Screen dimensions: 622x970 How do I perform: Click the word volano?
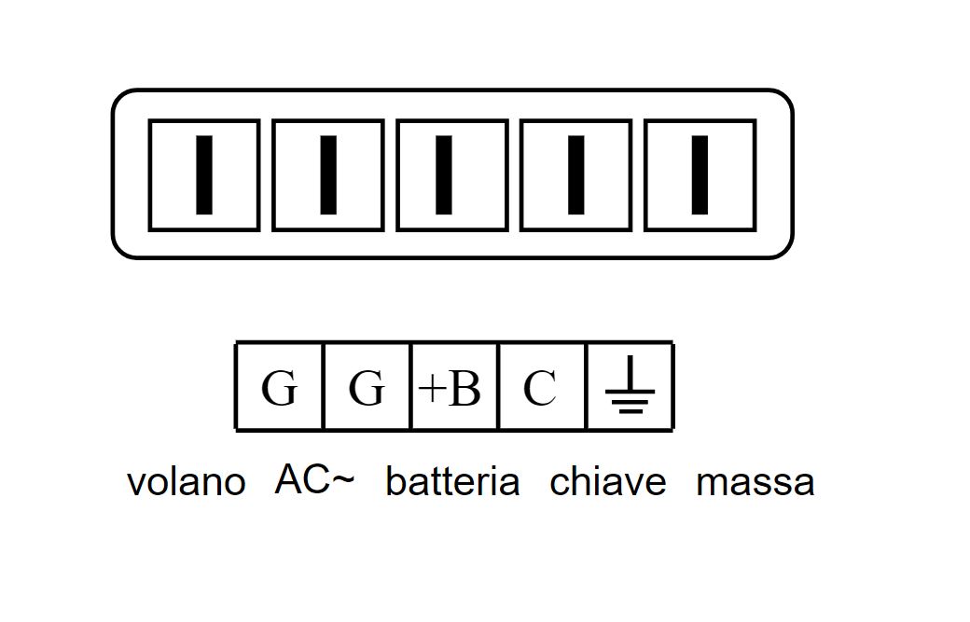click(x=186, y=482)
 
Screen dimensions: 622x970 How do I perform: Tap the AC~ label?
click(x=314, y=479)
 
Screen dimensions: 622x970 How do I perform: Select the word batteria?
click(x=452, y=482)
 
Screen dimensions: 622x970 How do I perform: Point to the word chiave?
click(x=608, y=482)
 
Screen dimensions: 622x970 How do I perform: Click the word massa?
click(x=755, y=482)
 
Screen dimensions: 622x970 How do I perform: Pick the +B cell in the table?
click(x=454, y=387)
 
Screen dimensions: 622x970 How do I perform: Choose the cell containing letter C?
click(x=541, y=387)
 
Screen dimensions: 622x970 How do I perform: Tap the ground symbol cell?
click(x=630, y=387)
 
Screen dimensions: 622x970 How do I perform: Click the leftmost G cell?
click(x=279, y=387)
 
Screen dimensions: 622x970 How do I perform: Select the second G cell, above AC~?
click(x=367, y=387)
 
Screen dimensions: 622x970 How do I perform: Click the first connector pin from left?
click(x=204, y=174)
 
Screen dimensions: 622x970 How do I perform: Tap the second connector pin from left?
click(x=327, y=174)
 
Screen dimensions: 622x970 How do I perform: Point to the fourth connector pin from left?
click(x=575, y=174)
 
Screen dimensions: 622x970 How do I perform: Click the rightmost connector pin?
click(x=699, y=174)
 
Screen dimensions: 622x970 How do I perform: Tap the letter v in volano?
click(x=135, y=485)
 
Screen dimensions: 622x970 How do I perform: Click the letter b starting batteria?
click(x=394, y=481)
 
